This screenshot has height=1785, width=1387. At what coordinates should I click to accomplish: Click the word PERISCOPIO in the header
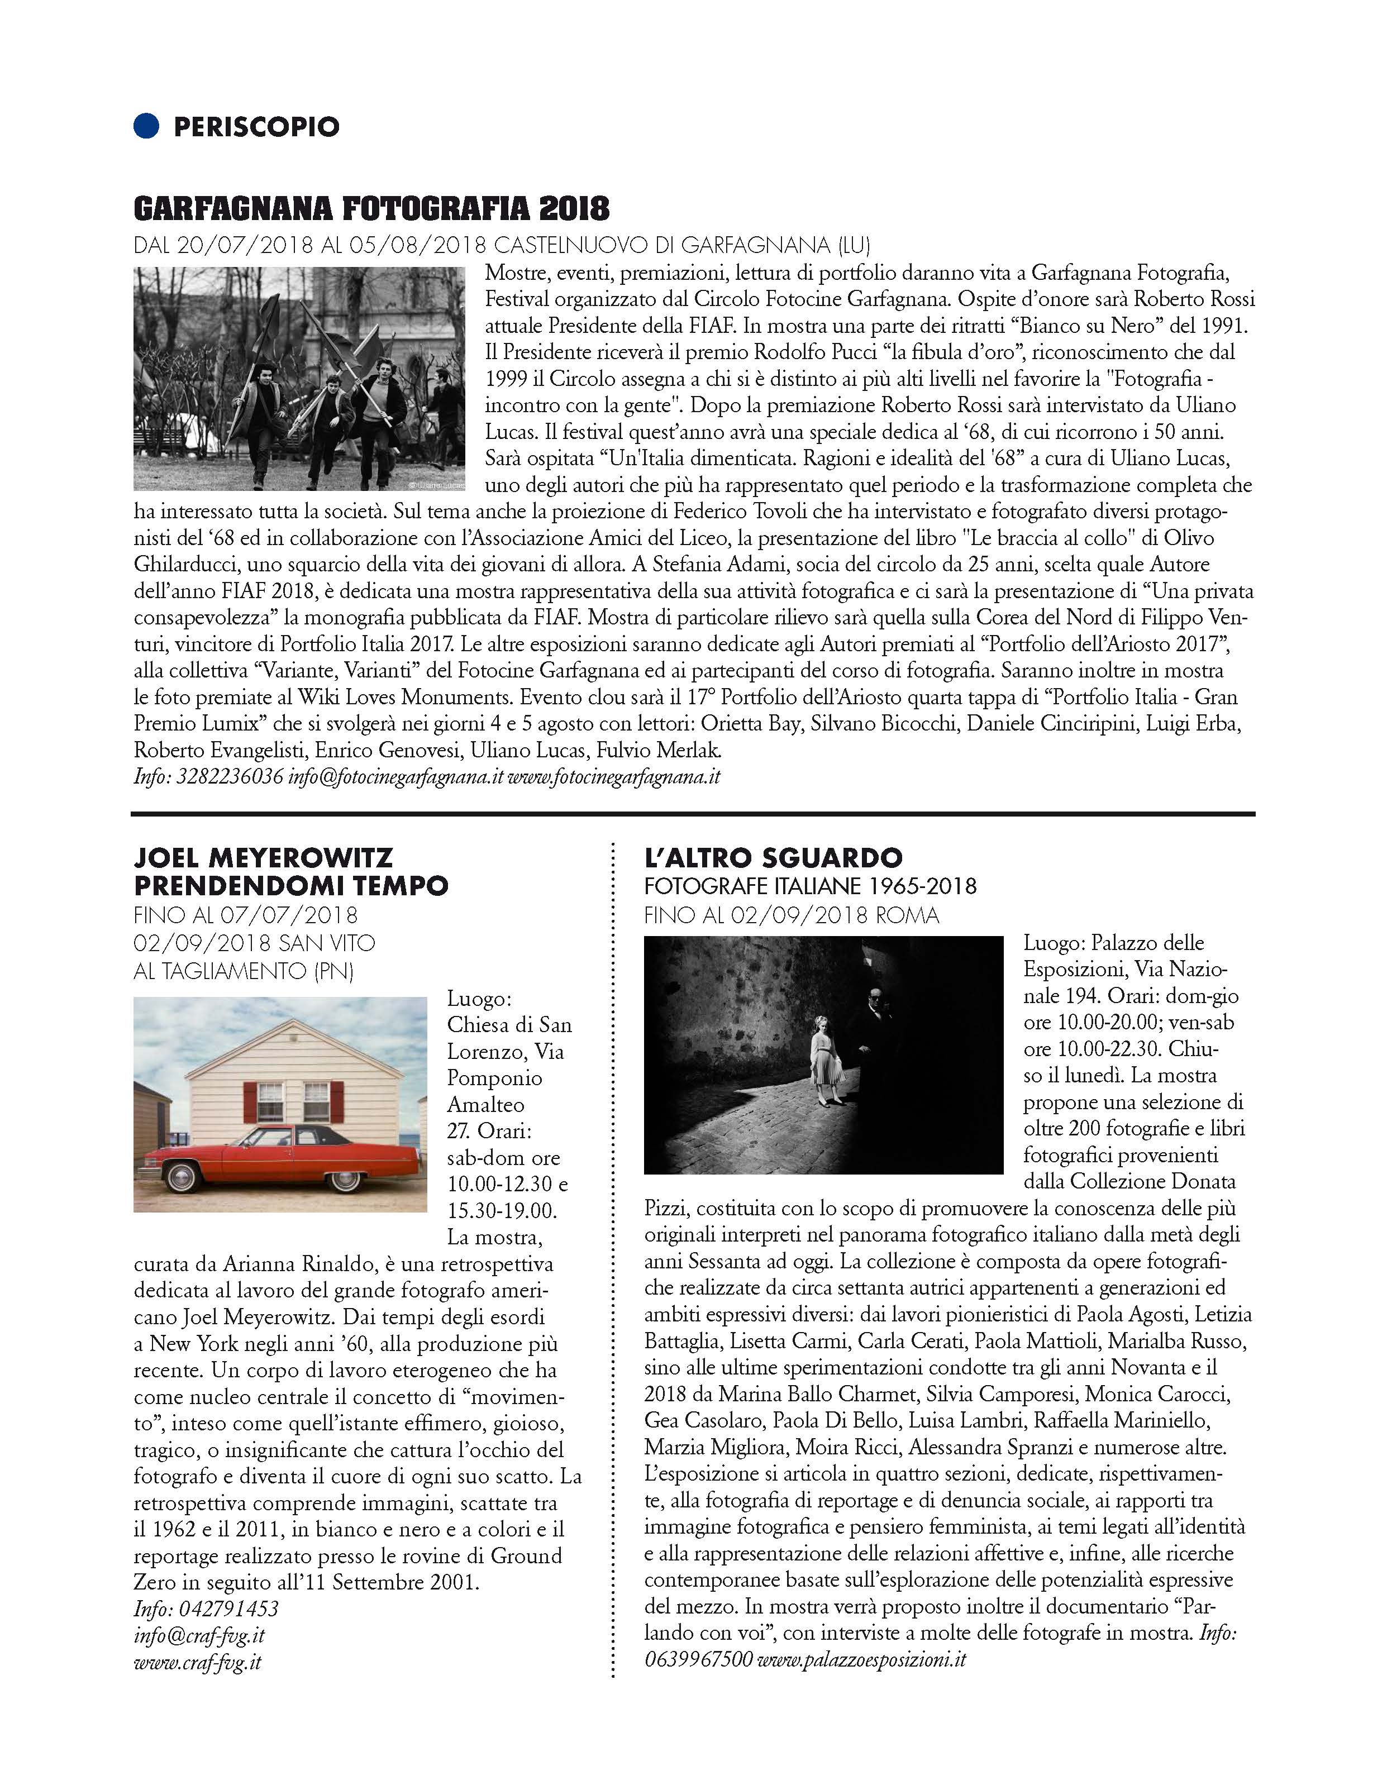pos(256,127)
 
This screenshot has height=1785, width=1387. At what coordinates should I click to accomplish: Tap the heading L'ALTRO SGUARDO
pos(773,857)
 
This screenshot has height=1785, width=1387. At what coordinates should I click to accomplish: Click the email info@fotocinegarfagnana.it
pos(395,776)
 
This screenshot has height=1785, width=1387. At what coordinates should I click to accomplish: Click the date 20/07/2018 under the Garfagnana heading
pos(246,245)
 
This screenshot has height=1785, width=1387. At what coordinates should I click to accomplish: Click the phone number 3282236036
pos(230,776)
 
